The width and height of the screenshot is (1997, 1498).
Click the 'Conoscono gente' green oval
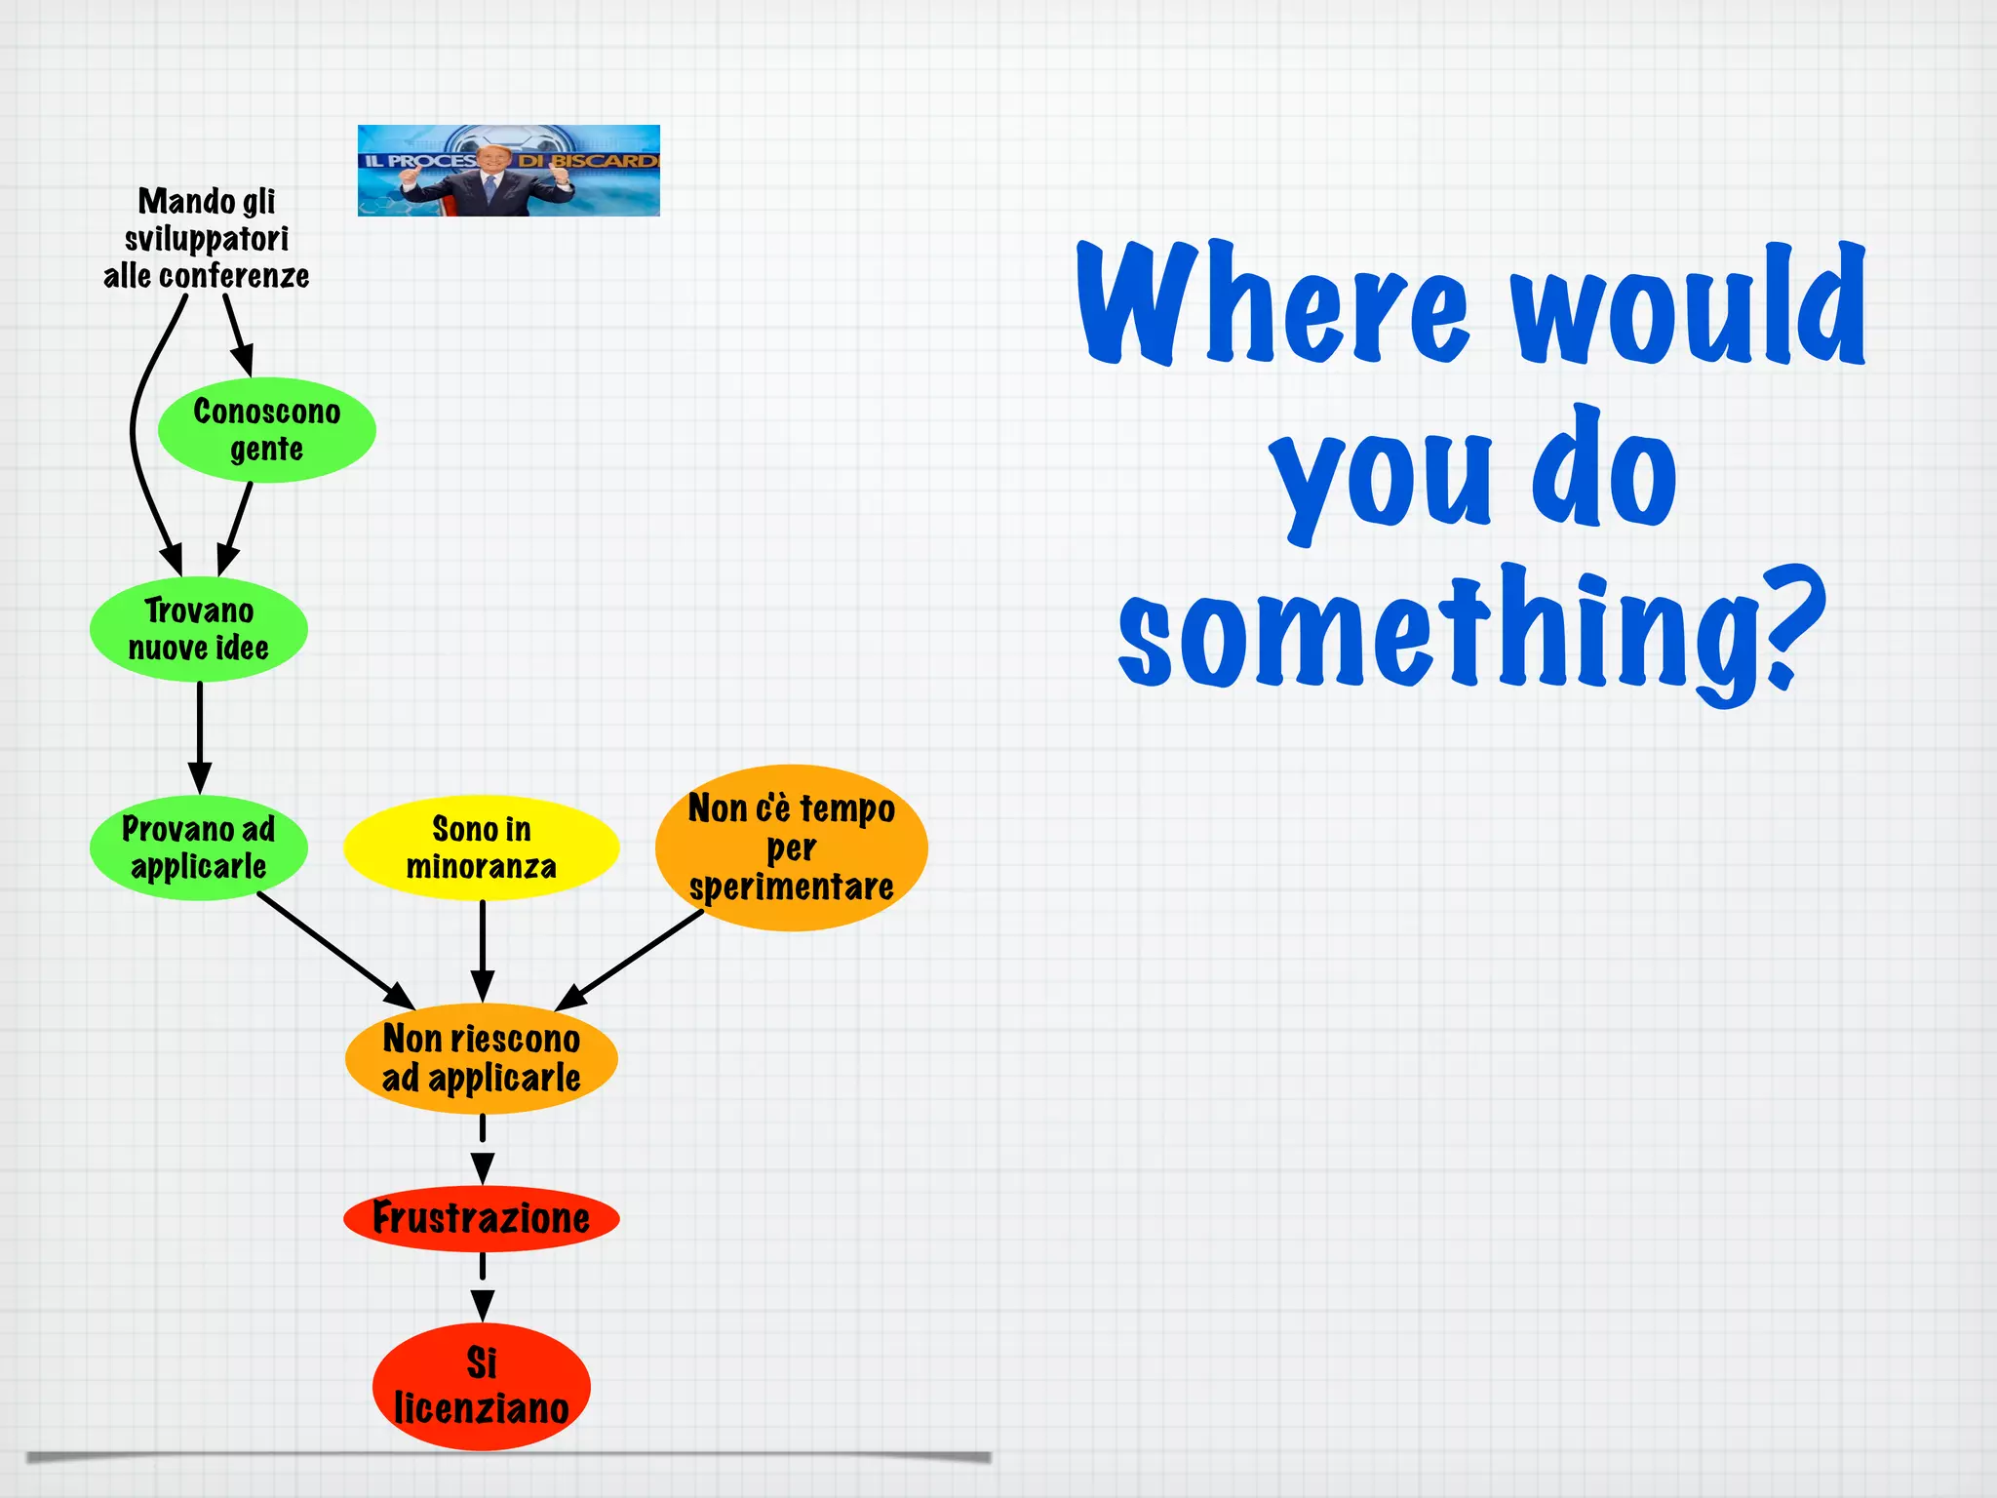(266, 430)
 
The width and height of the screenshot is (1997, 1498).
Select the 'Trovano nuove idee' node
(199, 629)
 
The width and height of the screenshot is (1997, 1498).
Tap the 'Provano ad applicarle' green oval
(199, 848)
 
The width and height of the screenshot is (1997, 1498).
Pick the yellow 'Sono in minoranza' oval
(482, 848)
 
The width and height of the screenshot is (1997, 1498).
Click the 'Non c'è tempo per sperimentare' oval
(791, 848)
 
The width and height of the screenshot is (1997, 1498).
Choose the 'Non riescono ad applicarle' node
(482, 1058)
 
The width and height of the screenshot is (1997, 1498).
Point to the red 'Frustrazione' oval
(482, 1218)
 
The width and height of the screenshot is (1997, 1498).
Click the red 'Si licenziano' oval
(482, 1386)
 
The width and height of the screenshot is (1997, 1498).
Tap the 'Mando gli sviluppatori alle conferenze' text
(207, 239)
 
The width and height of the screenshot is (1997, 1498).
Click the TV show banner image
(508, 171)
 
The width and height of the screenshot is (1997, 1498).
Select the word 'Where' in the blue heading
(1273, 304)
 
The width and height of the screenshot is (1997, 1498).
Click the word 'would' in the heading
(1687, 304)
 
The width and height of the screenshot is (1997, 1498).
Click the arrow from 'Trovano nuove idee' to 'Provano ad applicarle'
(200, 736)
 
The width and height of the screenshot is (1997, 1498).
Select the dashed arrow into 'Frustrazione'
(483, 1151)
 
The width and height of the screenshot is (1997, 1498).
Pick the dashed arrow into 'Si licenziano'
(483, 1287)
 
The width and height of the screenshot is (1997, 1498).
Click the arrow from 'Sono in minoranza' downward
(483, 951)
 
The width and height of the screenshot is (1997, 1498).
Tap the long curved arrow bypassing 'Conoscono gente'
(137, 429)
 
